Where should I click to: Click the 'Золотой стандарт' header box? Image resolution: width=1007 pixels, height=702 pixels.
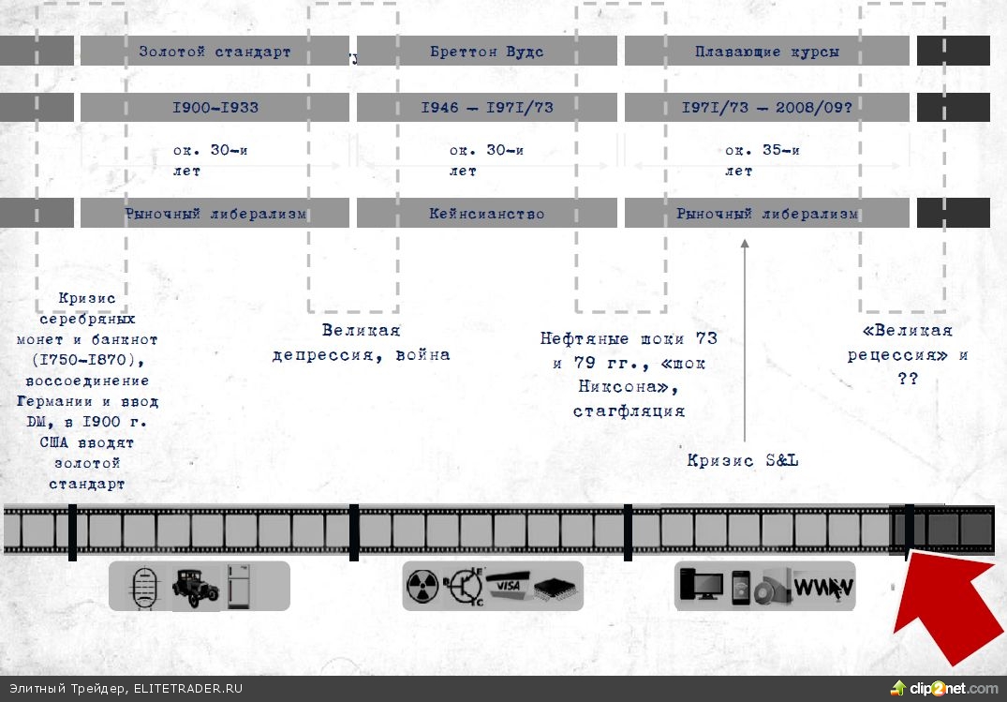(215, 52)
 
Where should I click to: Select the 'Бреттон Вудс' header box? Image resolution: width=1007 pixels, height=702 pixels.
(486, 52)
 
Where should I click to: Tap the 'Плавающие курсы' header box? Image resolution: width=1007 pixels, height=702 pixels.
(766, 52)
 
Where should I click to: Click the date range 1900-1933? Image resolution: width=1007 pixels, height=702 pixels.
(215, 107)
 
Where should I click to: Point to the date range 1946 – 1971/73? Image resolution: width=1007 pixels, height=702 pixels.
(486, 107)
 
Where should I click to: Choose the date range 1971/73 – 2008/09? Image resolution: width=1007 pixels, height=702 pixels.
(766, 107)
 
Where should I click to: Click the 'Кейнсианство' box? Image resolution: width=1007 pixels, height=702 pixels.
(486, 214)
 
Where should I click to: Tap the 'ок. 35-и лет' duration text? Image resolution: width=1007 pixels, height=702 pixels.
(762, 160)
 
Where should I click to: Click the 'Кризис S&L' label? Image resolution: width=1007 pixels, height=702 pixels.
(742, 460)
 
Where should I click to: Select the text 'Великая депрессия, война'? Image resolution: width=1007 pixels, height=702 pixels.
(361, 342)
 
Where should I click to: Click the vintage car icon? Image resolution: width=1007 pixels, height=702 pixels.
(195, 586)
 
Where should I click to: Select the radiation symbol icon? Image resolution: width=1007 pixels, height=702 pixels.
(423, 587)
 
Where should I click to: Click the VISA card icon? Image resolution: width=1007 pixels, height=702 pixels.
(508, 584)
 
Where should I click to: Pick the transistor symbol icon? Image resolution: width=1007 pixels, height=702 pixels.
(465, 587)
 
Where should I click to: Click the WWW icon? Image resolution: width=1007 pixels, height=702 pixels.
(823, 588)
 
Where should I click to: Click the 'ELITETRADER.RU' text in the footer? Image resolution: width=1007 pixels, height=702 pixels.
(187, 688)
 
